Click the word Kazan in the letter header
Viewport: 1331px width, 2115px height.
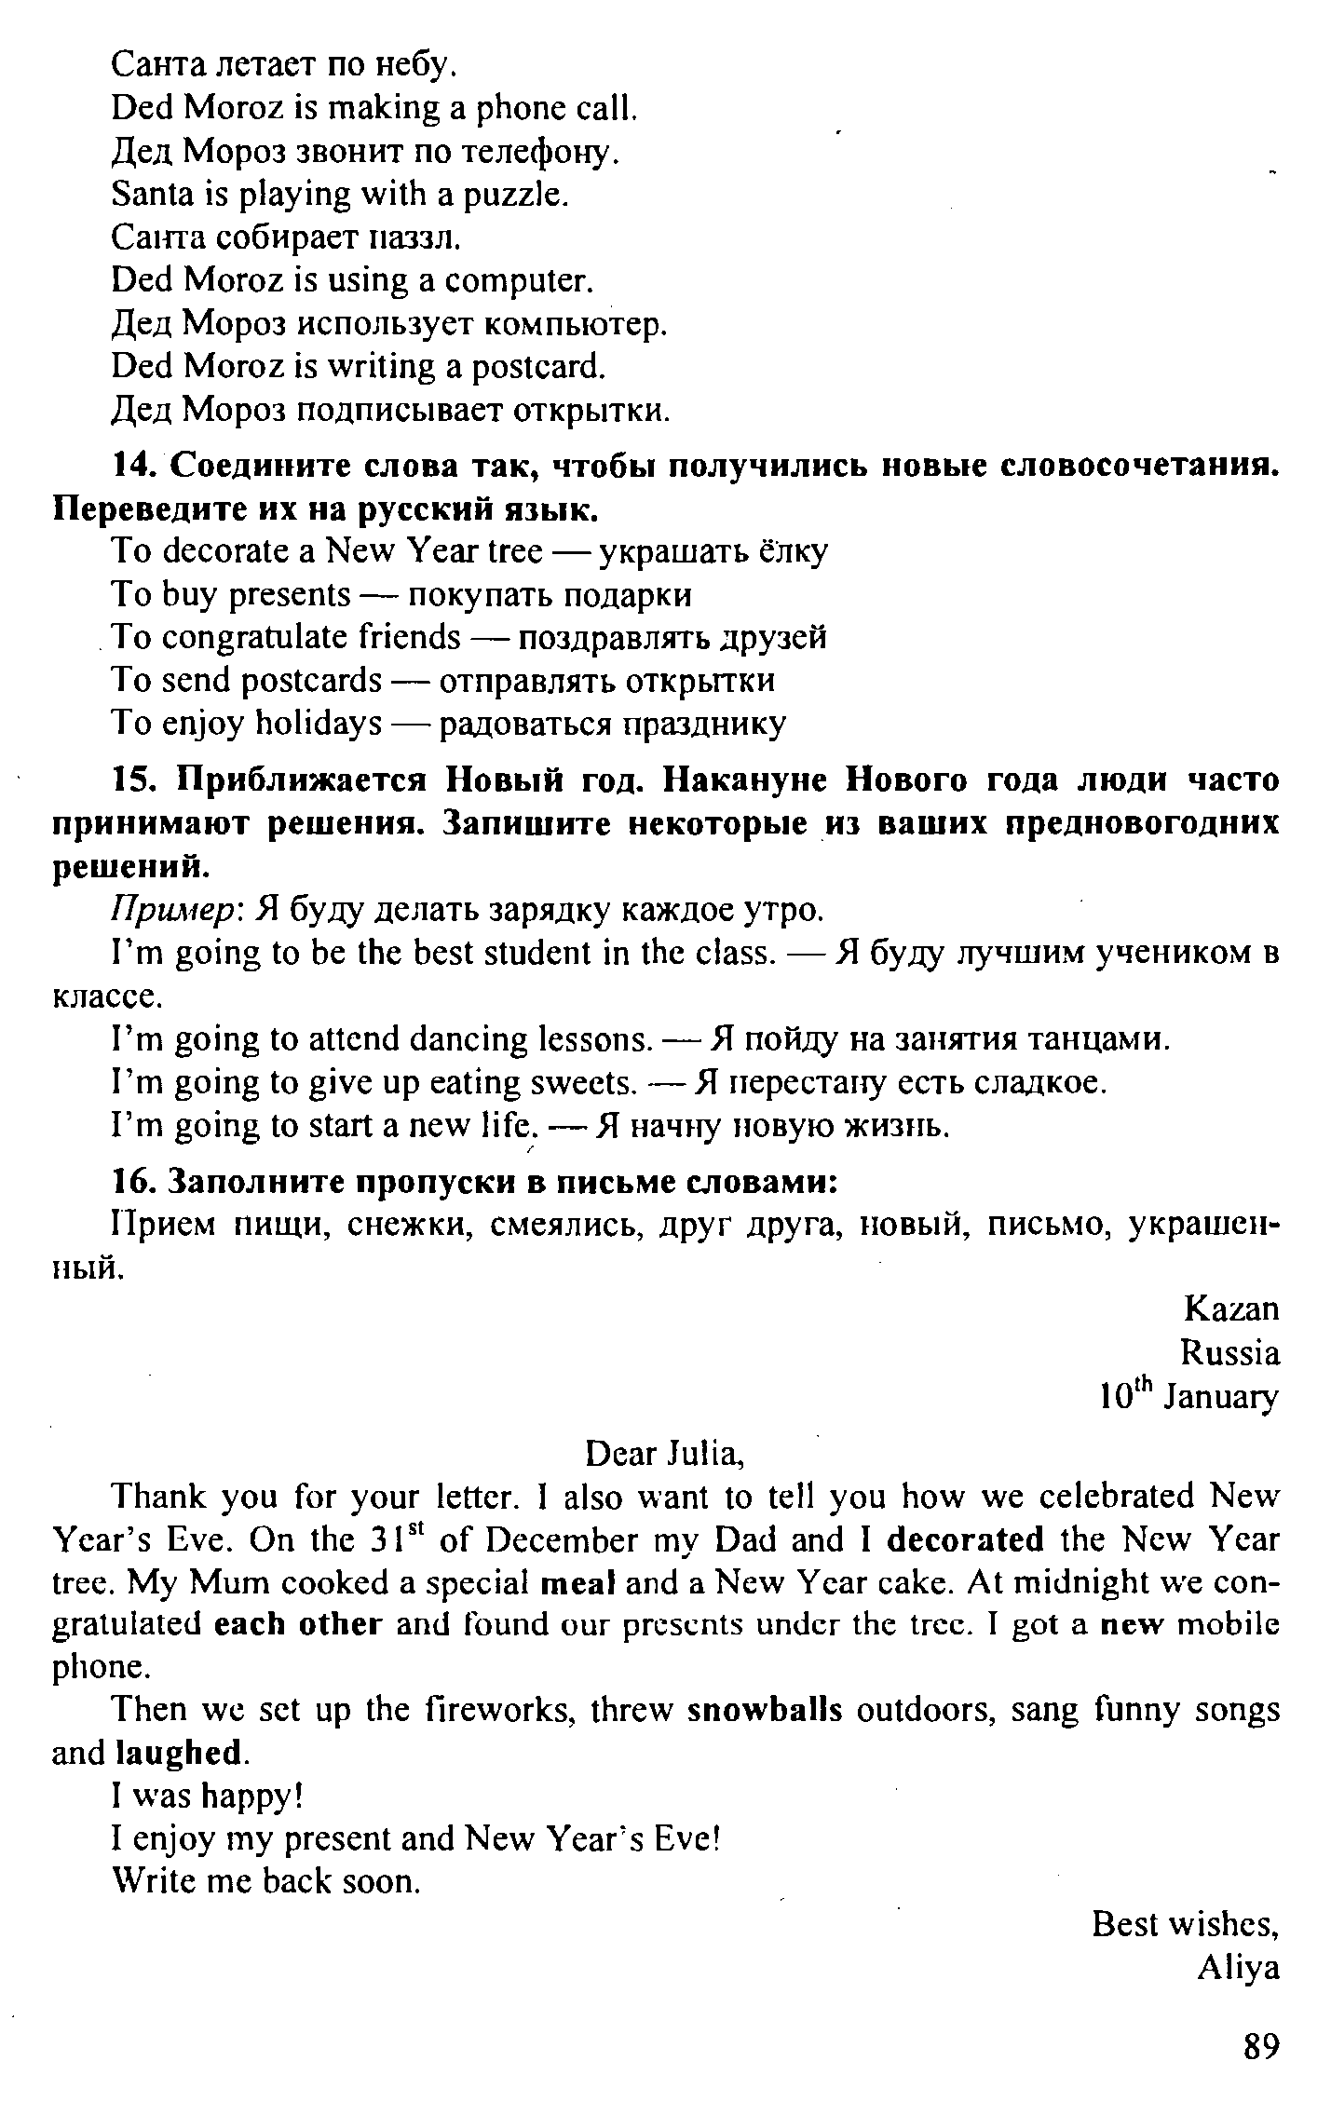coord(1231,1309)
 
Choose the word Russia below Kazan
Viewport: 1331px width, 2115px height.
coord(1229,1352)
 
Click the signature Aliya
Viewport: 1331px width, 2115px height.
coord(1239,1968)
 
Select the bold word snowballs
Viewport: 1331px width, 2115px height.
coord(765,1711)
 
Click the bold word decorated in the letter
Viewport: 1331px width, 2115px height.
coord(966,1539)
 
